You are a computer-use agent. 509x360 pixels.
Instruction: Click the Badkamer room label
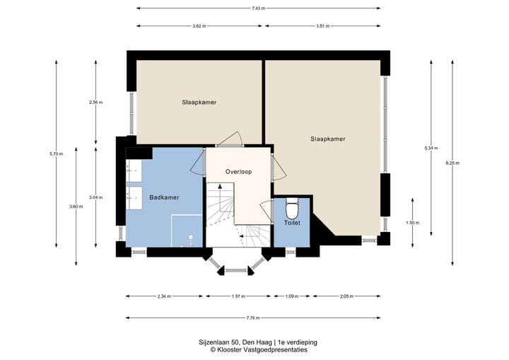point(164,197)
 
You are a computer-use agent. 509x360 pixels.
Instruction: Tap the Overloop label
point(239,172)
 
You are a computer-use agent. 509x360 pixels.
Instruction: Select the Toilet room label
point(292,223)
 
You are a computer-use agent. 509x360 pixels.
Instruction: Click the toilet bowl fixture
point(292,209)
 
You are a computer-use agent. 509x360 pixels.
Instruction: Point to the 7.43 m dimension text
point(259,8)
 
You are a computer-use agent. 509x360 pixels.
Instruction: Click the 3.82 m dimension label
point(199,26)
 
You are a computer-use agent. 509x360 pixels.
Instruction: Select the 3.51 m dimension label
point(322,26)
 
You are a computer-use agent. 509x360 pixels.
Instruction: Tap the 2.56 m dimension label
point(95,102)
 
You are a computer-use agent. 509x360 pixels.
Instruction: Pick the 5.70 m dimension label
point(56,154)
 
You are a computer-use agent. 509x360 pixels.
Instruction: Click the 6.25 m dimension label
point(452,163)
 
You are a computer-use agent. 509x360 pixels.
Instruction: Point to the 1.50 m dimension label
point(413,223)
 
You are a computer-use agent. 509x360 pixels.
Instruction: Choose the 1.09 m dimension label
point(292,296)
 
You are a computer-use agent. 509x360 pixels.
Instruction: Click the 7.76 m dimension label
point(253,318)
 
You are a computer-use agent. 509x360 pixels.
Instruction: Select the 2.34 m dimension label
point(164,296)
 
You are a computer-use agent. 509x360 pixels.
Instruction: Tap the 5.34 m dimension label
point(431,148)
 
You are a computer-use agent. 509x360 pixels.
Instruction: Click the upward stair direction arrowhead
point(220,187)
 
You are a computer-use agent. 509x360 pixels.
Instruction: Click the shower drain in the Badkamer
point(191,237)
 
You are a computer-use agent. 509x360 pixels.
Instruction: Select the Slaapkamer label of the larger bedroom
point(328,139)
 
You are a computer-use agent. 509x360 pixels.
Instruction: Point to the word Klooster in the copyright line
point(227,350)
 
